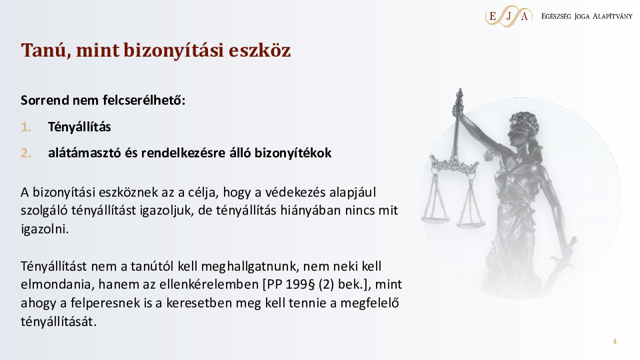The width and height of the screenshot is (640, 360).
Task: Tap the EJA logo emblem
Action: point(509,16)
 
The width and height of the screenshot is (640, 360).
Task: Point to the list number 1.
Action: point(26,127)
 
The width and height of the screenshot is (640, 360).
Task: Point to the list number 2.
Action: point(26,153)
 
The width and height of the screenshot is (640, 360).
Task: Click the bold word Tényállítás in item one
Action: point(79,127)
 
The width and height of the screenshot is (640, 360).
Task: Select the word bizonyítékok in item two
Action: point(293,153)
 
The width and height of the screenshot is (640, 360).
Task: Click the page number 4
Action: point(615,341)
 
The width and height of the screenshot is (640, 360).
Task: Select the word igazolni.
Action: point(45,229)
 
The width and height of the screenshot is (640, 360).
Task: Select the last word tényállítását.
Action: point(59,321)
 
